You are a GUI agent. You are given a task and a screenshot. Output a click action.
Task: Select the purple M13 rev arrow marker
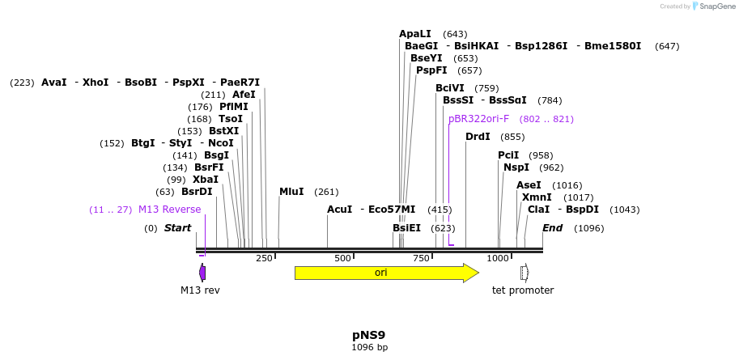click(x=202, y=273)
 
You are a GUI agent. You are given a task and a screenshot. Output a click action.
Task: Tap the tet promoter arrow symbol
click(x=524, y=273)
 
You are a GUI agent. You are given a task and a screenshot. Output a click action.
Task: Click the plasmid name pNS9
click(x=369, y=335)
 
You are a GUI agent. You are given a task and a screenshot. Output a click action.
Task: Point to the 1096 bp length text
click(x=369, y=348)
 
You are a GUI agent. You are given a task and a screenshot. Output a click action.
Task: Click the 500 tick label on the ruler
click(x=342, y=258)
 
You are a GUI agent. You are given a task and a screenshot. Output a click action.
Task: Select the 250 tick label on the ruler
click(x=264, y=258)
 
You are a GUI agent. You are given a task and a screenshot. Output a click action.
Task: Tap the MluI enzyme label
click(x=291, y=192)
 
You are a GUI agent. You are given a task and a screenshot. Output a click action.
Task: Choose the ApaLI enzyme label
click(x=415, y=34)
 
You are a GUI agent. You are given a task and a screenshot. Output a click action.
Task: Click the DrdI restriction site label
click(x=478, y=137)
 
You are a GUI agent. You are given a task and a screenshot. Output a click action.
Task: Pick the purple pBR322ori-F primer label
click(x=479, y=119)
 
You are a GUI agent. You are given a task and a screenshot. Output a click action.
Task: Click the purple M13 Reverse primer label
click(x=169, y=210)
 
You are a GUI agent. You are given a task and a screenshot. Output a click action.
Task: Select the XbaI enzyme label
click(x=206, y=180)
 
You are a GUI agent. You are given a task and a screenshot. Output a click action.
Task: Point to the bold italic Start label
click(x=177, y=228)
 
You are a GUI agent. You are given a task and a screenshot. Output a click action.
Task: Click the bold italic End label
click(x=552, y=228)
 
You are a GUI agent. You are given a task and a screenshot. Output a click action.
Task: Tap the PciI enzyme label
click(x=508, y=155)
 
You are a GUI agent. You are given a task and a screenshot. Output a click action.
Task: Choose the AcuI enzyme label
click(x=339, y=210)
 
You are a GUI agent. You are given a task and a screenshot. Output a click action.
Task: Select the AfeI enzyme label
click(x=244, y=95)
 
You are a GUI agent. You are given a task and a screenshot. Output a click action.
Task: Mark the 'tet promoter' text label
click(x=523, y=290)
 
